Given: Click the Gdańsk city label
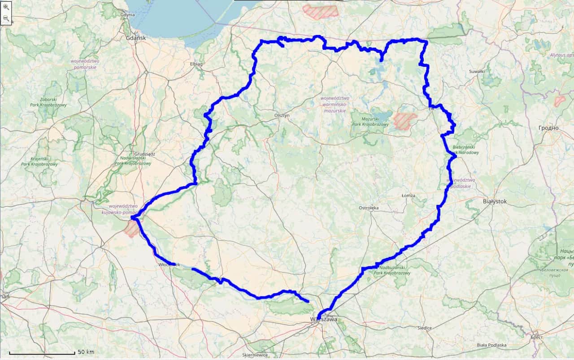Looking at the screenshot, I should pyautogui.click(x=136, y=38).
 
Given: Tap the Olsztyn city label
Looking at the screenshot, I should pyautogui.click(x=282, y=115).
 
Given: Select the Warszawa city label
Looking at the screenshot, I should pyautogui.click(x=323, y=319).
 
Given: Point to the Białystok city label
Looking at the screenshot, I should pyautogui.click(x=495, y=202).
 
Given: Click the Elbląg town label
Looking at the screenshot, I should pyautogui.click(x=196, y=64).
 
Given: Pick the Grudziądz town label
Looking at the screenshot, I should pyautogui.click(x=144, y=154).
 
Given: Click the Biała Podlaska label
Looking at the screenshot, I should pyautogui.click(x=491, y=345).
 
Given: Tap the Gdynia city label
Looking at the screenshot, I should pyautogui.click(x=127, y=15).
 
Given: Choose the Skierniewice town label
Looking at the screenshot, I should pyautogui.click(x=255, y=355).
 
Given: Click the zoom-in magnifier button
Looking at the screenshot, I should pyautogui.click(x=6, y=7).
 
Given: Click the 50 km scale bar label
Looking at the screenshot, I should pyautogui.click(x=86, y=351).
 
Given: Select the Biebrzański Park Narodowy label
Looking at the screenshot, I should pyautogui.click(x=466, y=150).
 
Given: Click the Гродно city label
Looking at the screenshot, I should pyautogui.click(x=549, y=128).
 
